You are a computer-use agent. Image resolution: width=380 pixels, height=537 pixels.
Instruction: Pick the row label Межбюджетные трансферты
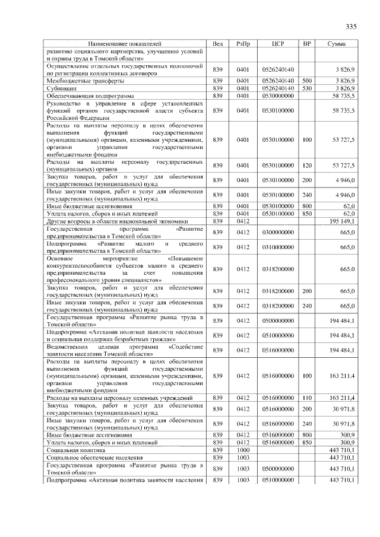85,80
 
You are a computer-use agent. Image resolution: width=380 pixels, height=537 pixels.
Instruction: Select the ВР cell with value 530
306,88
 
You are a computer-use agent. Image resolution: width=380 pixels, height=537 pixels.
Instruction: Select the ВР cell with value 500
306,80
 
